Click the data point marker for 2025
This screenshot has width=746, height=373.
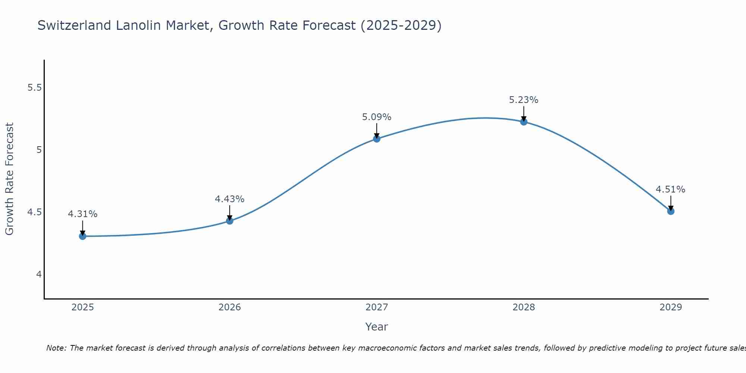pyautogui.click(x=82, y=236)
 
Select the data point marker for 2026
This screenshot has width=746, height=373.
pyautogui.click(x=230, y=221)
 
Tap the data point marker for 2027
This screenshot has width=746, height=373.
pyautogui.click(x=377, y=139)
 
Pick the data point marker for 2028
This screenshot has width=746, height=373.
pyautogui.click(x=524, y=122)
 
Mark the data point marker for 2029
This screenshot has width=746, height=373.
pyautogui.click(x=671, y=211)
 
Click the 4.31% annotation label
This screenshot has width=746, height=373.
pyautogui.click(x=82, y=214)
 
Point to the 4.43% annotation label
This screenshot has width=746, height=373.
pyautogui.click(x=230, y=199)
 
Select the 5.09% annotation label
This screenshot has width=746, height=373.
pyautogui.click(x=377, y=117)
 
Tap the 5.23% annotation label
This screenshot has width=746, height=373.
pyautogui.click(x=524, y=100)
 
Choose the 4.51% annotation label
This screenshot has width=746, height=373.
pyautogui.click(x=670, y=189)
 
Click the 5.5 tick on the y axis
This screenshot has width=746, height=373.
pyautogui.click(x=34, y=88)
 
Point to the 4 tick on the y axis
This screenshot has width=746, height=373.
pyautogui.click(x=39, y=275)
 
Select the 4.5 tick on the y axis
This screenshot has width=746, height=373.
pyautogui.click(x=34, y=212)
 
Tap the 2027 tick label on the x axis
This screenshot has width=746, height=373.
pyautogui.click(x=377, y=307)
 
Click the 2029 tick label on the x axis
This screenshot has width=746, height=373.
pyautogui.click(x=671, y=307)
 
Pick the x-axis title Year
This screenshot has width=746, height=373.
pyautogui.click(x=377, y=327)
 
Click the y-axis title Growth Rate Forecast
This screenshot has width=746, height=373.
pyautogui.click(x=9, y=179)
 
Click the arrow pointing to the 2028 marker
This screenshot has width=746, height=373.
pyautogui.click(x=524, y=113)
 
